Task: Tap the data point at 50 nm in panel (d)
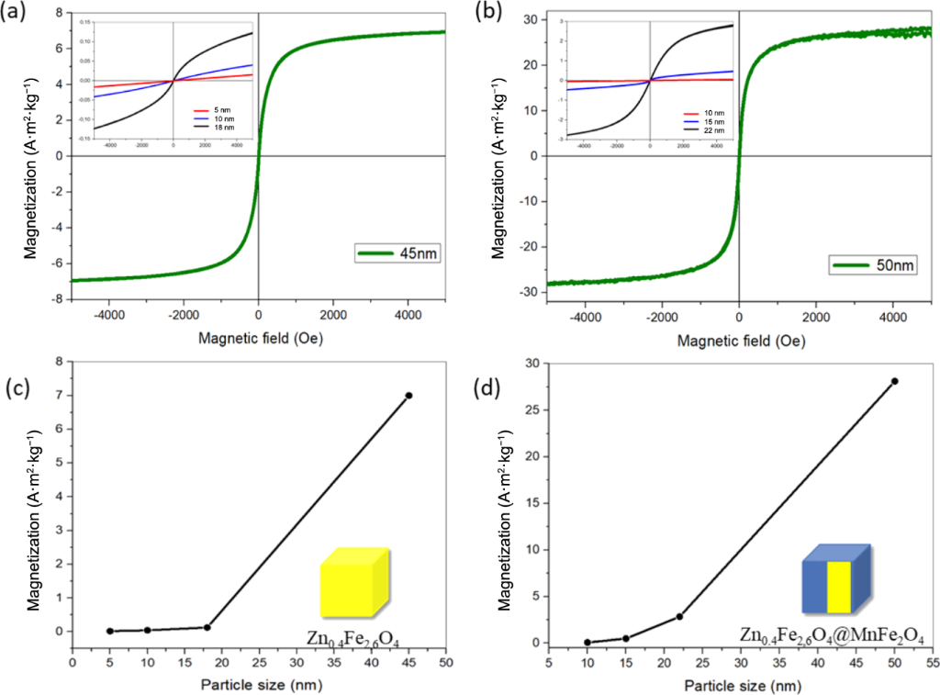894,381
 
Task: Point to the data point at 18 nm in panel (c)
207,627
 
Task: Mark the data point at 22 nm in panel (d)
679,616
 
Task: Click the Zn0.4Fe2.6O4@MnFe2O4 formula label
832,635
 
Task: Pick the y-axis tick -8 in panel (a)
57,299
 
